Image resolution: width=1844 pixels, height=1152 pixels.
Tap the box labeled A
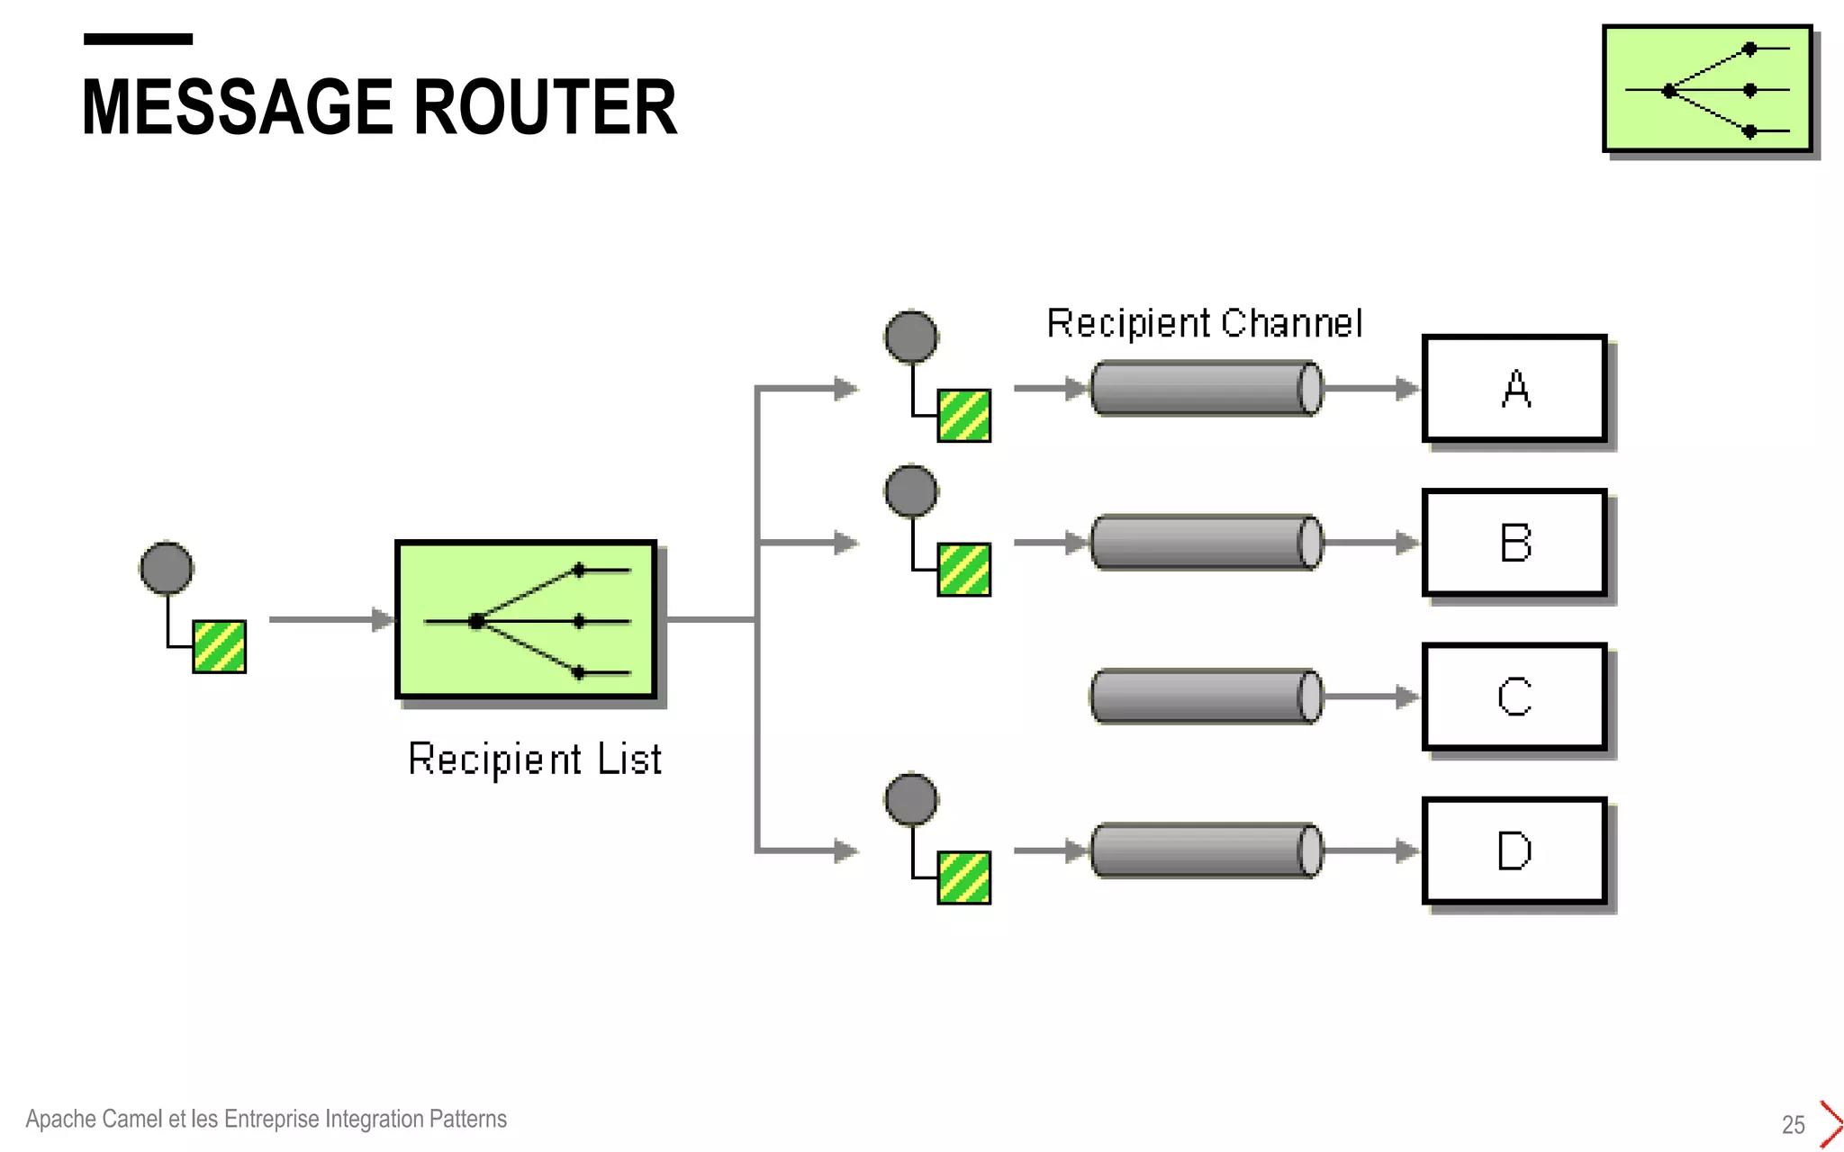(1514, 389)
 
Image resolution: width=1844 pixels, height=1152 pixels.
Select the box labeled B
(1514, 543)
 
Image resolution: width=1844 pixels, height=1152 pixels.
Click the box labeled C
(1514, 697)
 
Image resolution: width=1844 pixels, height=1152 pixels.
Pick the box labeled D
(1514, 850)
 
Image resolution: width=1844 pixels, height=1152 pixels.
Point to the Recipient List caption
(535, 759)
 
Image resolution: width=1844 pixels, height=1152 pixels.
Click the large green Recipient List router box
(526, 619)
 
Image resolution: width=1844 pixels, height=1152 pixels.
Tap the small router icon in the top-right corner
(1707, 89)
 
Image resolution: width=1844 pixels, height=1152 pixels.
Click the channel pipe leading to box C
(1205, 697)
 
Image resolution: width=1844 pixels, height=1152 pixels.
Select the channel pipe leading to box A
(1205, 389)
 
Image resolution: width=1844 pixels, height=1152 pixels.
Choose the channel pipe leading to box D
(1205, 850)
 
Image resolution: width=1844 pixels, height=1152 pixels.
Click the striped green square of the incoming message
(219, 646)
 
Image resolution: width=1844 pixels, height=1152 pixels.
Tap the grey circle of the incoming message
(167, 568)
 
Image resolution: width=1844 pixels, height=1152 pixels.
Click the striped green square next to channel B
(963, 570)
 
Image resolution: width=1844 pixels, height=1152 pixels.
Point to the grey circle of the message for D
(911, 799)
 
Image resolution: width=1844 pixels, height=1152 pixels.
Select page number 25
(1793, 1124)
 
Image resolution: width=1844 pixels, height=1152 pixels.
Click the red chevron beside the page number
(1830, 1123)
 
